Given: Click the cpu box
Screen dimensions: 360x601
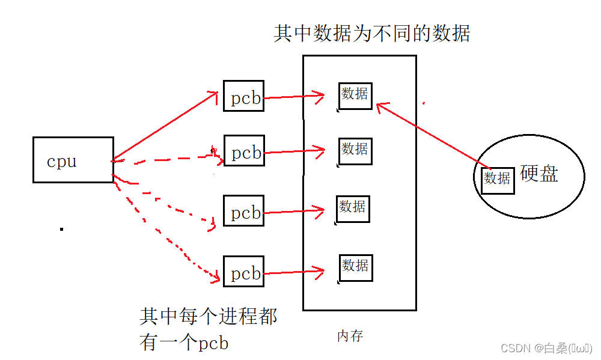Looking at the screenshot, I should [73, 160].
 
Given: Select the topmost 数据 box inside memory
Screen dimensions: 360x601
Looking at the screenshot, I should [355, 96].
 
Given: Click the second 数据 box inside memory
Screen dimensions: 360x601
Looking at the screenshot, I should [355, 150].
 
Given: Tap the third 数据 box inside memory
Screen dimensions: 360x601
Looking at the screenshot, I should [352, 209].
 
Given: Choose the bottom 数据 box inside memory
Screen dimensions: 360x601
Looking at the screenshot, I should [355, 266].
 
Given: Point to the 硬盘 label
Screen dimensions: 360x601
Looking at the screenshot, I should [539, 174].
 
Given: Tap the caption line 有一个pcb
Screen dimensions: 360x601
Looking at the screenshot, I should [184, 343].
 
